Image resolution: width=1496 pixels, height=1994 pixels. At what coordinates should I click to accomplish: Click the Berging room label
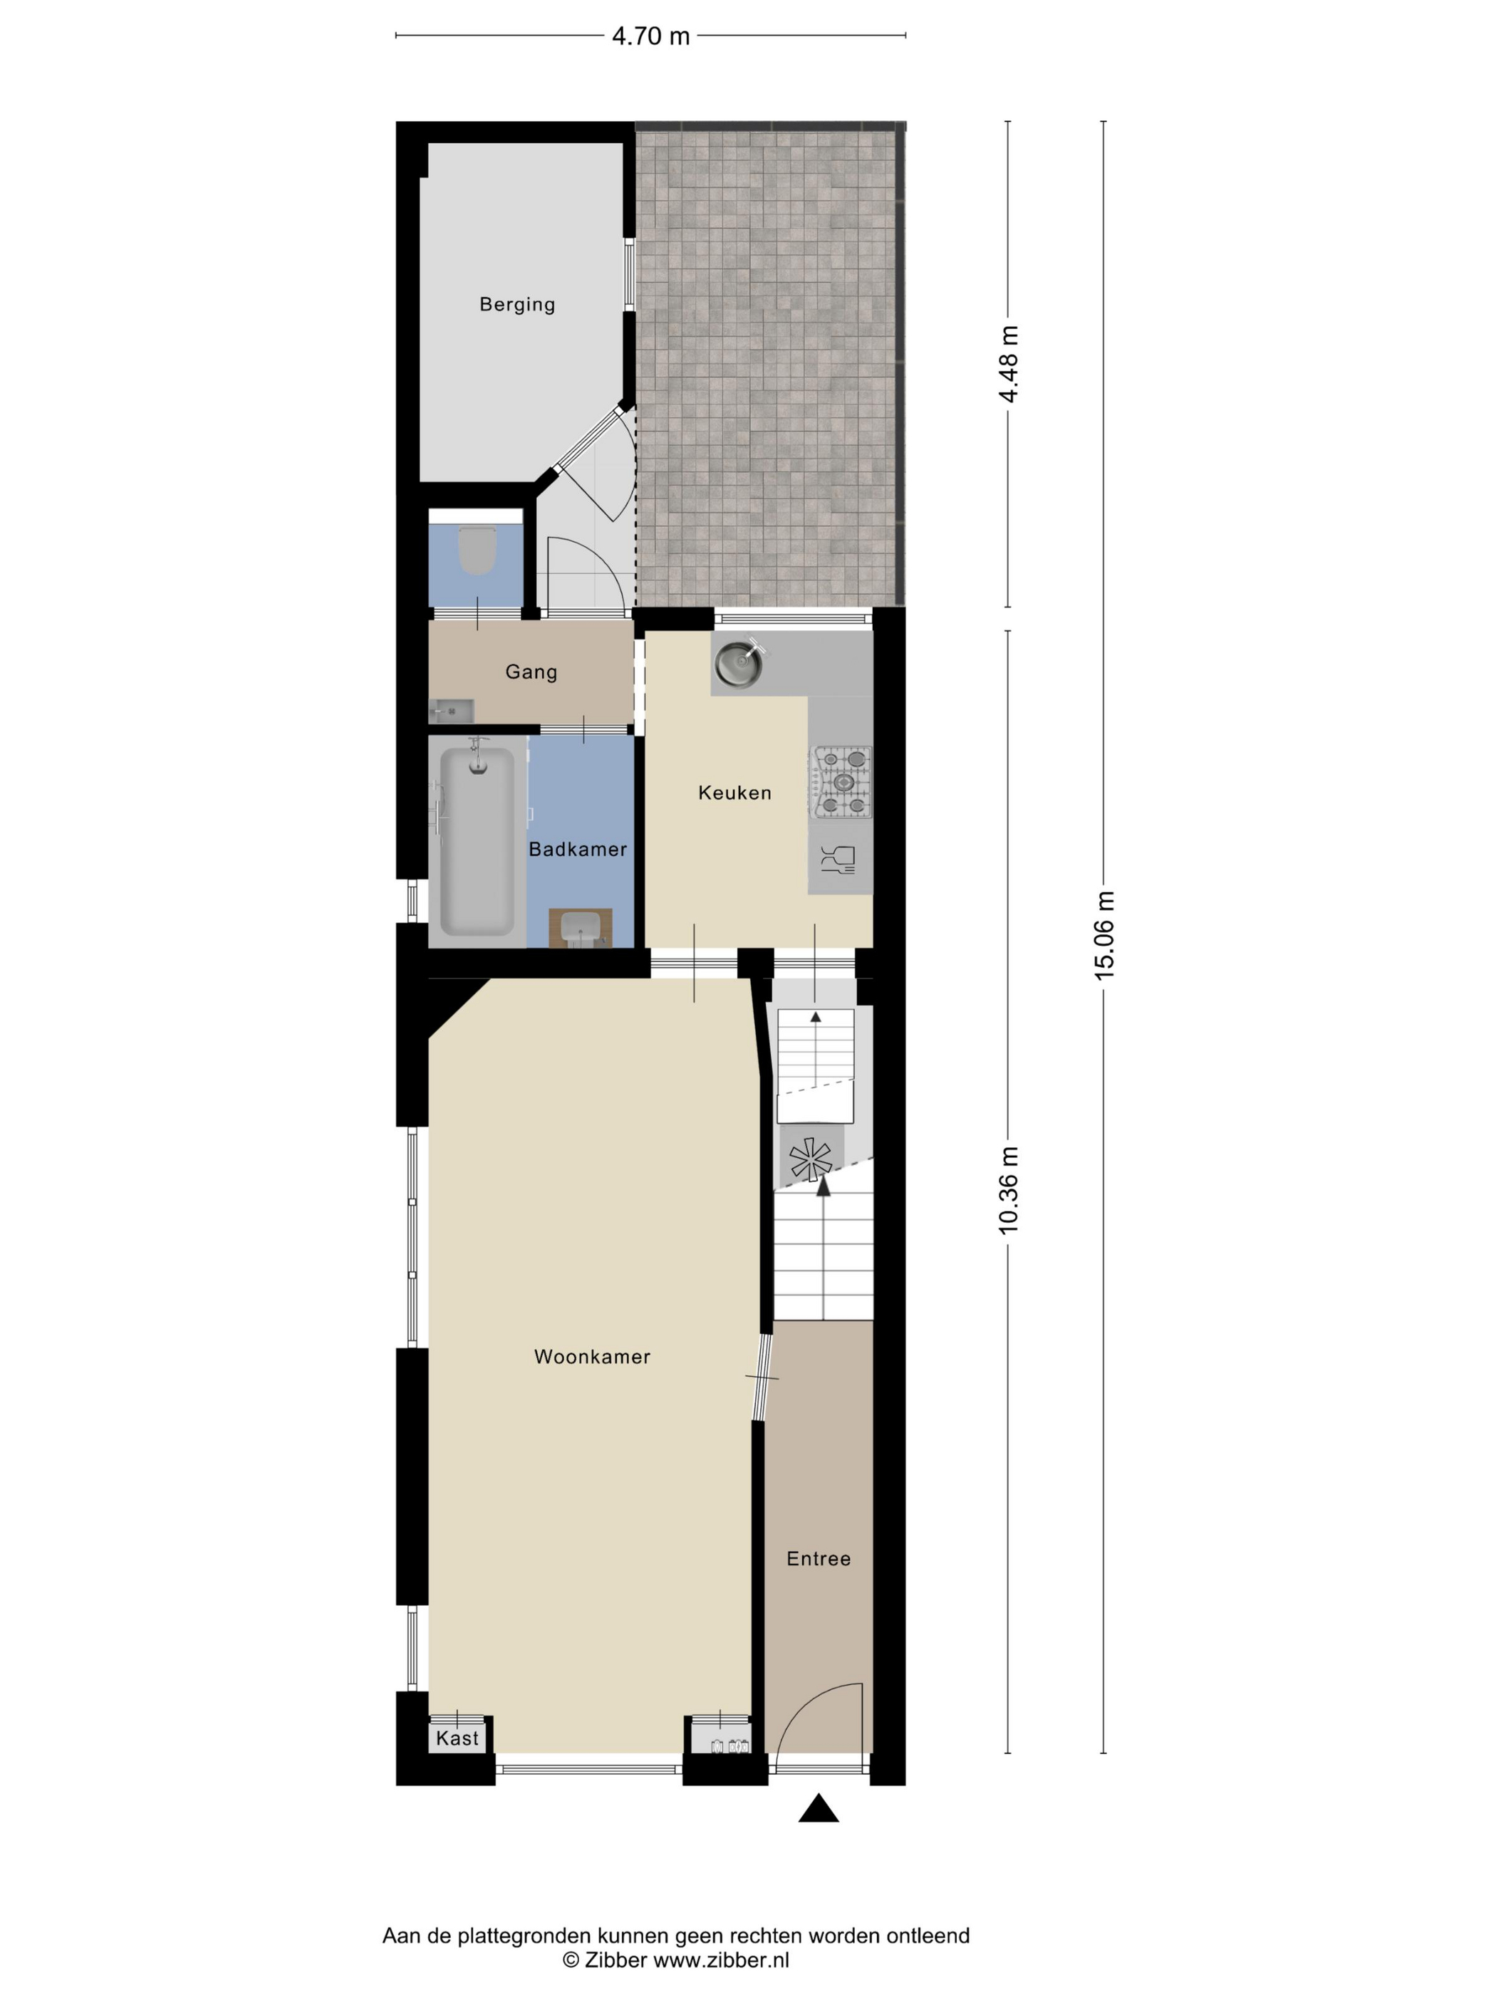[x=516, y=305]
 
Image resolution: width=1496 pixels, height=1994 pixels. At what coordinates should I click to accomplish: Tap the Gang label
[x=531, y=672]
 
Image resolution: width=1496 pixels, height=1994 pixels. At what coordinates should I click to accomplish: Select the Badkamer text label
[x=577, y=849]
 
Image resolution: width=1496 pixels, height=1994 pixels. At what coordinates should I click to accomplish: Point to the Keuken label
[x=735, y=793]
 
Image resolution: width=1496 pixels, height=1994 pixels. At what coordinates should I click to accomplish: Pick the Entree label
[x=819, y=1559]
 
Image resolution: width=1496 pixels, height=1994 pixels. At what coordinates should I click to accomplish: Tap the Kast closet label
[x=457, y=1739]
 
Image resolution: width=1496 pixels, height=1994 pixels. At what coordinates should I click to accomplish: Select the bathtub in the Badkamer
[x=477, y=841]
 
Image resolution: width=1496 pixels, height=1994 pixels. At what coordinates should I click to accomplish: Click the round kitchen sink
[x=739, y=662]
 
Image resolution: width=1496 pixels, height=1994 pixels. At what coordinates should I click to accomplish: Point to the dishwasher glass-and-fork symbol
[x=838, y=861]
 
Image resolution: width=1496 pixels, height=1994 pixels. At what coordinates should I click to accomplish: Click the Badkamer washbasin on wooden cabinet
[x=580, y=929]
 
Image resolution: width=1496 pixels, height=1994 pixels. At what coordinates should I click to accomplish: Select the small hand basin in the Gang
[x=451, y=711]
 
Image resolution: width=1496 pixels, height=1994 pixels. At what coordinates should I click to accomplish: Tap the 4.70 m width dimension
[x=650, y=36]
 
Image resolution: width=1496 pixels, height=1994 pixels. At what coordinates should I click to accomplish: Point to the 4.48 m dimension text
[x=1009, y=364]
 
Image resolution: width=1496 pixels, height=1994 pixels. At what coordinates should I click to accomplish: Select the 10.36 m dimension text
[x=1009, y=1191]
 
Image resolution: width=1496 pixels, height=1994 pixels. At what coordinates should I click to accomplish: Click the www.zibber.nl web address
[x=722, y=1960]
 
